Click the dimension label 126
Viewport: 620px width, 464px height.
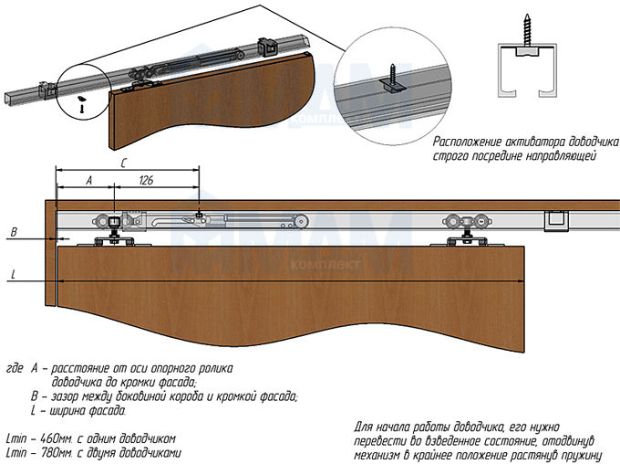(x=147, y=181)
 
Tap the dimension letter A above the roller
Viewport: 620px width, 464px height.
(x=88, y=181)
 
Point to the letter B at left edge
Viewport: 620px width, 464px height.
(x=13, y=233)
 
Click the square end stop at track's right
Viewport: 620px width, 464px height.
(x=553, y=221)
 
